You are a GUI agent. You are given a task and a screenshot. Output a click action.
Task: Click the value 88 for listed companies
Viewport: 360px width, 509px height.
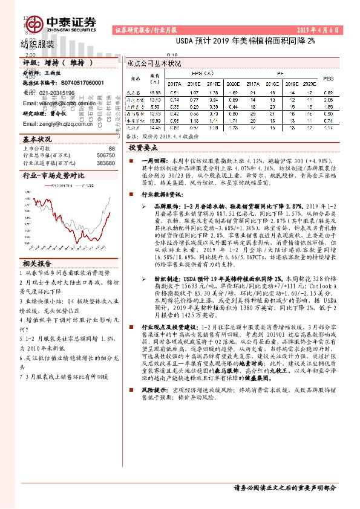click(111, 148)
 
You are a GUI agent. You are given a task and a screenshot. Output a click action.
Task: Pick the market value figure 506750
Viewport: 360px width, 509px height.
click(105, 155)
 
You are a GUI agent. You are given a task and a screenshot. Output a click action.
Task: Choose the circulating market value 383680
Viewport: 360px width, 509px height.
click(105, 163)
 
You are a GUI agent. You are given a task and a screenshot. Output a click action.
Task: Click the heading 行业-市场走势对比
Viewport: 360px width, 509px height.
click(51, 175)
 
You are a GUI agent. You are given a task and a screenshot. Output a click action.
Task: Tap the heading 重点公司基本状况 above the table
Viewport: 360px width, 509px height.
click(155, 63)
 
